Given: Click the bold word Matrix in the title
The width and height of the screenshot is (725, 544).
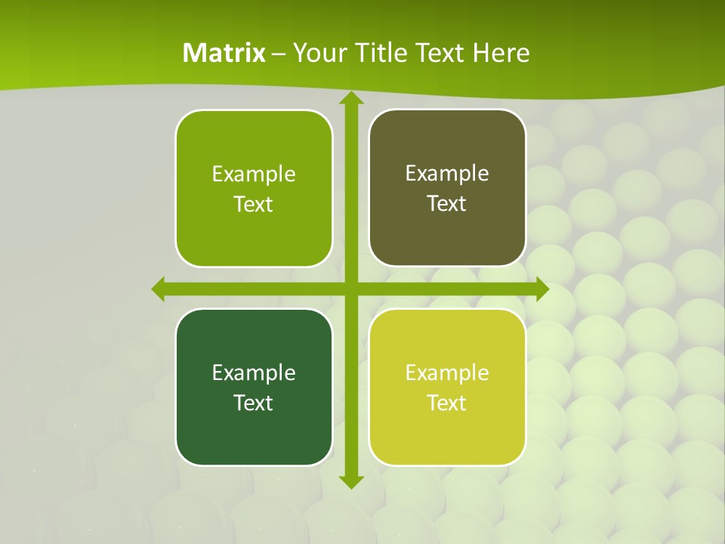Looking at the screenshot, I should pos(224,53).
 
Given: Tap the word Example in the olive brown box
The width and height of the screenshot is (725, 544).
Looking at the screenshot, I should pos(447,174).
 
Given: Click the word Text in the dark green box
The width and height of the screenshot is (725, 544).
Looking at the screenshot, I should pos(254,403).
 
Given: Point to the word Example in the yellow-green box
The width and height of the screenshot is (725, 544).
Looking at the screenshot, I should pos(447,372).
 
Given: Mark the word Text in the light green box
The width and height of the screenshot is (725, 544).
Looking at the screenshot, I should pos(254,205).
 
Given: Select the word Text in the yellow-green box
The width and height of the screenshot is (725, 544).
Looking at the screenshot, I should pos(447,403).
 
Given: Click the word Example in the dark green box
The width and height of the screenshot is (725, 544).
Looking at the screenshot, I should pos(254,372).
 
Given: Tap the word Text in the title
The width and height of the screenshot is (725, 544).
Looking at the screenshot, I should pos(442,53).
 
